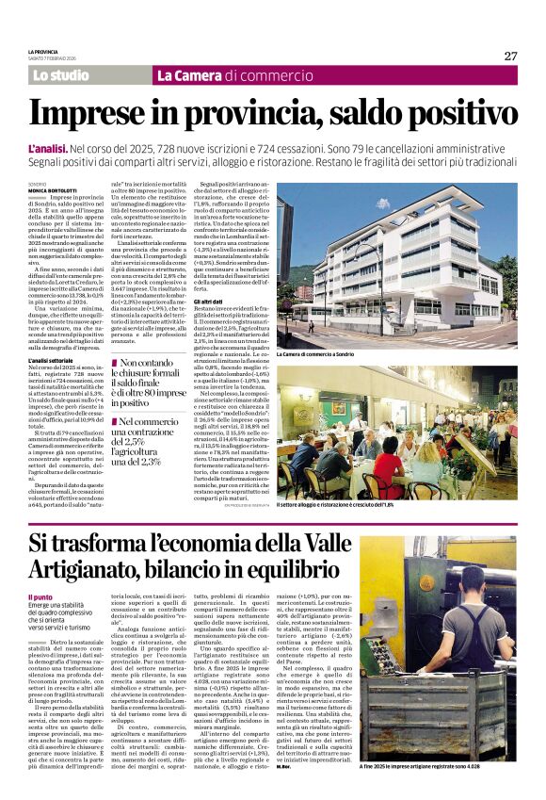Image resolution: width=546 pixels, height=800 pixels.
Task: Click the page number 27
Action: [510, 56]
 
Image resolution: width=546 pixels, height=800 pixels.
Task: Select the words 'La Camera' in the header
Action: [189, 74]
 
